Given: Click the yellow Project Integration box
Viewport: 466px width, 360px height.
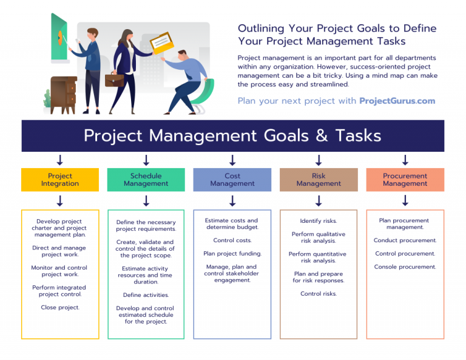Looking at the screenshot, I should (x=59, y=180).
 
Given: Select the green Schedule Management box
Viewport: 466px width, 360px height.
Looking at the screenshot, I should (x=146, y=180).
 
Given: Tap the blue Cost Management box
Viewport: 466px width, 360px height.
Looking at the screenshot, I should (x=232, y=180).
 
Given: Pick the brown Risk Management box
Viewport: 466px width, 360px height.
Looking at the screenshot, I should (x=319, y=180).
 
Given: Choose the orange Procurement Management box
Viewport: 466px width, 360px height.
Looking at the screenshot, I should (x=405, y=180).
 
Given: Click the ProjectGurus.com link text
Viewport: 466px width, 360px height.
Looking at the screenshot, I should (x=397, y=101).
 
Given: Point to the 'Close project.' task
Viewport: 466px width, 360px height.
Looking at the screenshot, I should (x=59, y=307).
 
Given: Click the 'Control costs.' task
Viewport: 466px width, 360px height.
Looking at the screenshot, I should (x=232, y=240).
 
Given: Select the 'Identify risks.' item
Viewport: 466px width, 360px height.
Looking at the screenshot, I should (x=319, y=221).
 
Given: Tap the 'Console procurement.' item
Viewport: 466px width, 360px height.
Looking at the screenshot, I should (x=405, y=267).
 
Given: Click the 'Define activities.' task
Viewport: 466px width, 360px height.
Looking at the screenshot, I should (x=146, y=295).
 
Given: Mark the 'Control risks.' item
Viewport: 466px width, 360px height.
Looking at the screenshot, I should (x=319, y=294).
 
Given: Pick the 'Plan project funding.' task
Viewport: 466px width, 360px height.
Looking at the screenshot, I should (x=232, y=254).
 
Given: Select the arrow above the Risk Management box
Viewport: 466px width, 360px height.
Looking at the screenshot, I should (x=319, y=160).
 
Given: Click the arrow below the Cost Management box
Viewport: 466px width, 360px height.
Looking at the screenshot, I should (x=232, y=200).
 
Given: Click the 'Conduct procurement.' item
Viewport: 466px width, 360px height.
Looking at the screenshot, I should (x=405, y=240).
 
